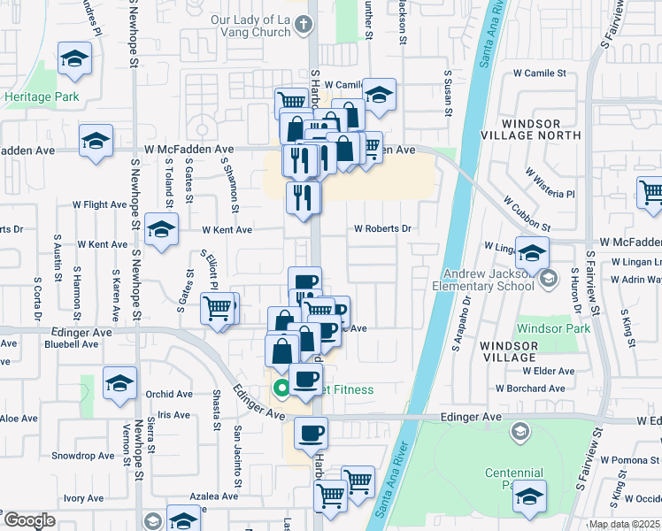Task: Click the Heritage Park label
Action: pyautogui.click(x=41, y=96)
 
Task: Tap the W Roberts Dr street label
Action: pyautogui.click(x=383, y=228)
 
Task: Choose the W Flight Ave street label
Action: pyautogui.click(x=100, y=204)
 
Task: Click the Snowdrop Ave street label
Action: pyautogui.click(x=82, y=456)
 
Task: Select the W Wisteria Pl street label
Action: pyautogui.click(x=550, y=182)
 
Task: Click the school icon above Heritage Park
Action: pyautogui.click(x=74, y=59)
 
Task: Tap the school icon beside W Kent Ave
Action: pyautogui.click(x=161, y=229)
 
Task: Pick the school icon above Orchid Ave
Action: pyautogui.click(x=119, y=383)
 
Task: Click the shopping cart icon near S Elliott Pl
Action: pyautogui.click(x=218, y=310)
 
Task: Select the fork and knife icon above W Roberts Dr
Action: pyautogui.click(x=303, y=197)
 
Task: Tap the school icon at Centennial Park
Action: pyautogui.click(x=529, y=496)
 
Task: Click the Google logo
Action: pyautogui.click(x=29, y=520)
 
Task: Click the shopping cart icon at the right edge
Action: pyautogui.click(x=651, y=192)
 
